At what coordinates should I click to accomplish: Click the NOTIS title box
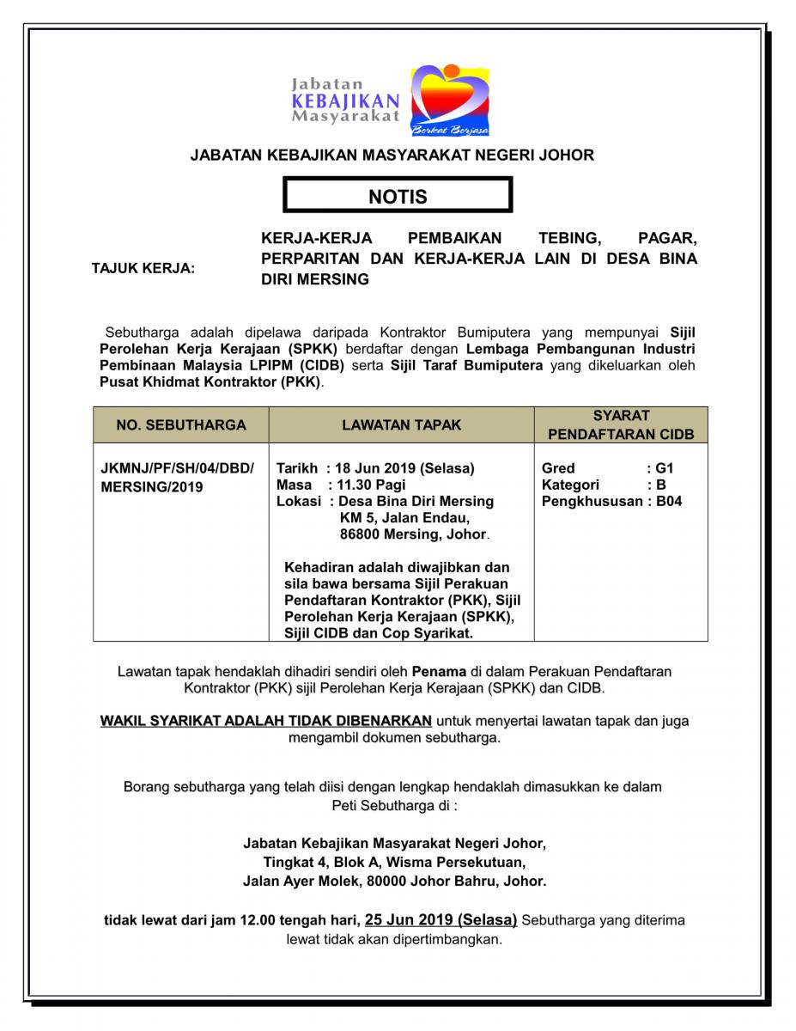(x=398, y=196)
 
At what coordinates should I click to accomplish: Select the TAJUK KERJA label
(x=143, y=269)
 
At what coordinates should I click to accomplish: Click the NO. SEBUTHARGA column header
(x=181, y=424)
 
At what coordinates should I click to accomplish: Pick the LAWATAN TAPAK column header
(x=401, y=424)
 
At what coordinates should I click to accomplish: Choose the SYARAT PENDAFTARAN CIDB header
(x=621, y=424)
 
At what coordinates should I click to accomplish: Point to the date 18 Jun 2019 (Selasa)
(x=404, y=468)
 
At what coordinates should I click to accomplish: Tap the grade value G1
(x=665, y=468)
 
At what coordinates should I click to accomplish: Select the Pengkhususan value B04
(x=669, y=501)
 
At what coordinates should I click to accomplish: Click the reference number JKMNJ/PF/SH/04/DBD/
(x=178, y=468)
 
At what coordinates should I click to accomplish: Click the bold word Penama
(x=439, y=671)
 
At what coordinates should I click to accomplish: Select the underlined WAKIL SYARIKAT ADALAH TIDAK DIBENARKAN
(x=267, y=721)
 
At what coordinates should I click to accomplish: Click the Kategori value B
(x=660, y=485)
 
